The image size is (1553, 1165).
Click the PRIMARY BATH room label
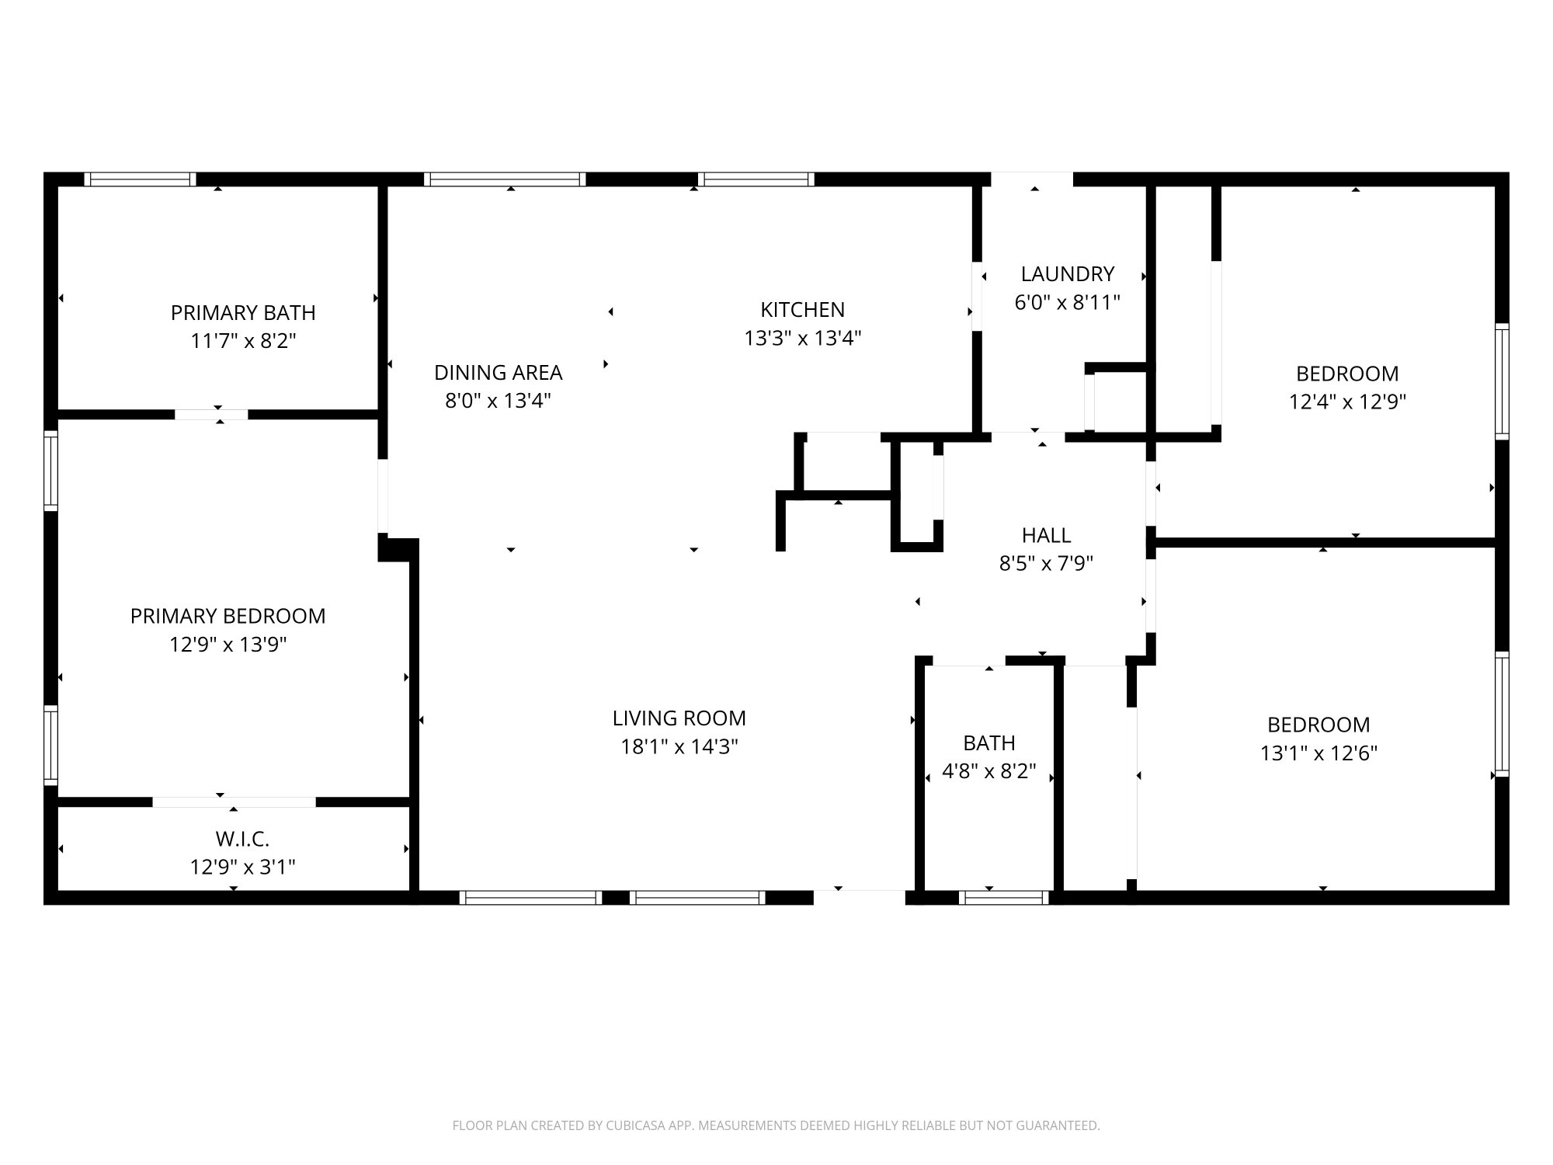243,313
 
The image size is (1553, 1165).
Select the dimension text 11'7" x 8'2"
243,341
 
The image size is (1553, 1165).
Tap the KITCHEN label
802,310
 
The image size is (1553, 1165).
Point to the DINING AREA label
498,373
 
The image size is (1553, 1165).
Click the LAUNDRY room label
1067,274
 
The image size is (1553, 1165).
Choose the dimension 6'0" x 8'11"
1067,302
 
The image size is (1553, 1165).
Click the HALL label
1046,535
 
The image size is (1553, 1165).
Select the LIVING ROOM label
679,718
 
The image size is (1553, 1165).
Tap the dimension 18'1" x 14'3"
679,747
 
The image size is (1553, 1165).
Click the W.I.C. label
242,839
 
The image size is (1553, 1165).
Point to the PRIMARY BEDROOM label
228,616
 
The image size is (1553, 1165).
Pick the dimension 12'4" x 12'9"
1347,402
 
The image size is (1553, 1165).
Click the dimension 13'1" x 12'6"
1318,753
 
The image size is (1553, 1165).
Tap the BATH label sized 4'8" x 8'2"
988,743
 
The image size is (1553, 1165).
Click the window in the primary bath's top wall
140,179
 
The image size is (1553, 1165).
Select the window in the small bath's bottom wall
1003,898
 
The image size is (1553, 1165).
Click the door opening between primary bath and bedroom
211,415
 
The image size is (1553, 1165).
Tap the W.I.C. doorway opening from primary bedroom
234,802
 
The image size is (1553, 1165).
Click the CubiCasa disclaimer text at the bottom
776,1125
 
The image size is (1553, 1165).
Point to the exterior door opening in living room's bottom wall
859,897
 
